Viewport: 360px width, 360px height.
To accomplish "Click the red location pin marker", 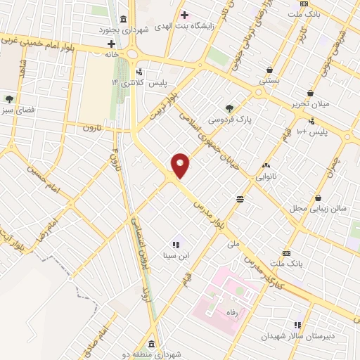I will [x=180, y=166].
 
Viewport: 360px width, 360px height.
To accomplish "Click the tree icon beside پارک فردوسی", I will [x=229, y=108].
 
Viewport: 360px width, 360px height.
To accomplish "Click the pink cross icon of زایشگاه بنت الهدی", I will [x=184, y=15].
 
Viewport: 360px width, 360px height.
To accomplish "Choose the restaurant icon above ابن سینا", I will [x=176, y=245].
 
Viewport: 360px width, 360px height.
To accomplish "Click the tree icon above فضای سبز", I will [x=9, y=98].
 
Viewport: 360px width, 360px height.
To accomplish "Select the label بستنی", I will [x=269, y=80].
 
